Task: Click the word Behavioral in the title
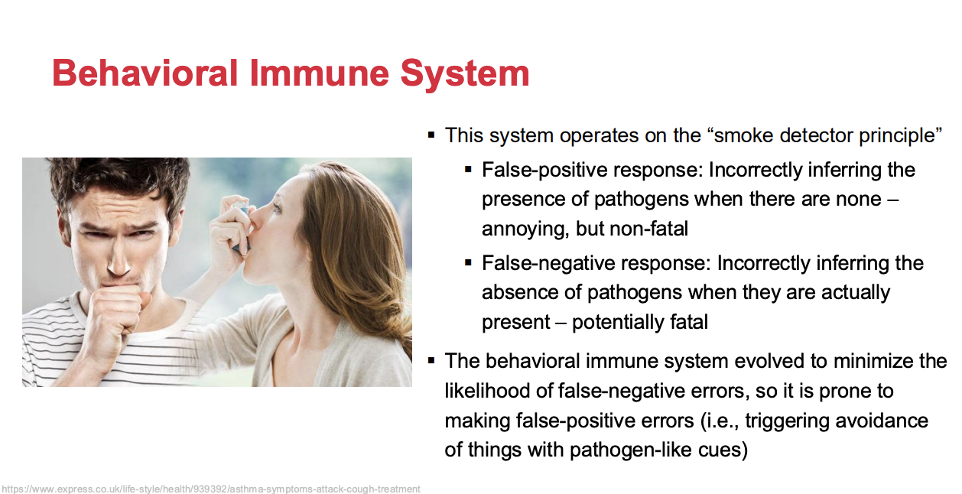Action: (145, 73)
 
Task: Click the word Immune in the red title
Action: (319, 73)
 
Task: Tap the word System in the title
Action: (465, 75)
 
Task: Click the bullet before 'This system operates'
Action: (431, 136)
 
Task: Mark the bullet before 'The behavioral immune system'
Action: (431, 360)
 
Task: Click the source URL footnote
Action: (211, 489)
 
